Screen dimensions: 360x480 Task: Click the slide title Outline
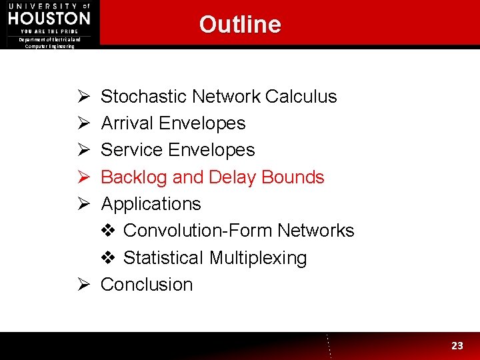pos(240,24)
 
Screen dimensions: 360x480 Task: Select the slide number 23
pos(457,345)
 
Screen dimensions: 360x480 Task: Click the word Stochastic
pos(144,97)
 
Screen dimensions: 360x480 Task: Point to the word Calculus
pos(301,97)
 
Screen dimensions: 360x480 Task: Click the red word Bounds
pos(293,177)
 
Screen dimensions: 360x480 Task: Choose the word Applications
pos(151,204)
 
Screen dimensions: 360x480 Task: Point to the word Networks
pos(316,231)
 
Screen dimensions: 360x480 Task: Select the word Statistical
pos(163,258)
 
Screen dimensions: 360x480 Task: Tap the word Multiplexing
pos(257,258)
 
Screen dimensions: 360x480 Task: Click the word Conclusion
pos(147,285)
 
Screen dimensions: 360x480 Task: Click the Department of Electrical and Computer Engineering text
pos(50,43)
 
